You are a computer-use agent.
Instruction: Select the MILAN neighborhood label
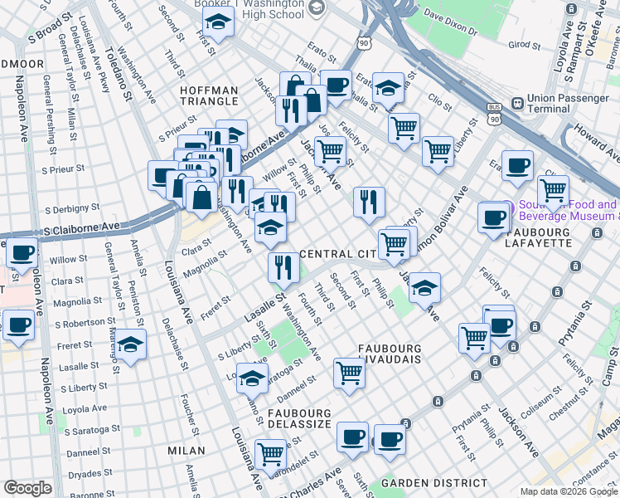pyautogui.click(x=186, y=451)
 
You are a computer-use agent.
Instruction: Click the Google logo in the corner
pyautogui.click(x=27, y=488)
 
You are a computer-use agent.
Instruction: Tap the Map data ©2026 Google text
pyautogui.click(x=569, y=491)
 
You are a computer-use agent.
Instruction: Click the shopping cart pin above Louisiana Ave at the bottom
pyautogui.click(x=270, y=453)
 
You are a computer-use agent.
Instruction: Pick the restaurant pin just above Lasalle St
pyautogui.click(x=283, y=266)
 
